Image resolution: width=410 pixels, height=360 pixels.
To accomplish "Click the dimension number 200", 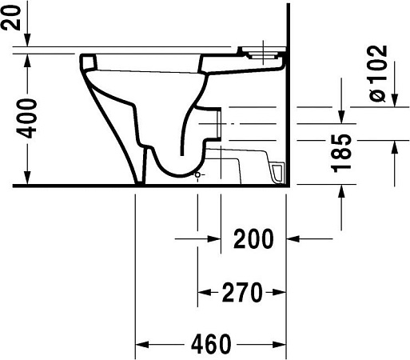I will coord(253,238).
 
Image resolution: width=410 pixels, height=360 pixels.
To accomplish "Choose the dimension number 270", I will coord(242,293).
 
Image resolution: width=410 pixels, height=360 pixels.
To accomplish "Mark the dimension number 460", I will coord(211,345).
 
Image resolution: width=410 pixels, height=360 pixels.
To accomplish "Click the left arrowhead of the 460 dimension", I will coord(142,345).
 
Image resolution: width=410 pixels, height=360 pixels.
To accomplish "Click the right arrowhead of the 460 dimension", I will coord(279,345).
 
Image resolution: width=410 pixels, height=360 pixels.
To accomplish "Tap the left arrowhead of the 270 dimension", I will coord(204,293).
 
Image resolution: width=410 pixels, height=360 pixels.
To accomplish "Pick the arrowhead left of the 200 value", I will coord(213,238).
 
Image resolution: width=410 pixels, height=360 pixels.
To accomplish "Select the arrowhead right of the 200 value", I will coord(296,238).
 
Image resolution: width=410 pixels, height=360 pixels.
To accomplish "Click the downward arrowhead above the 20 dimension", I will coord(27,40).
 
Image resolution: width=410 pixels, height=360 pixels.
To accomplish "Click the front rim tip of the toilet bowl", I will coord(88,61).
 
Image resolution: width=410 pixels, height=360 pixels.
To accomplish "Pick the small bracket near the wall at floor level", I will coord(277,171).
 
